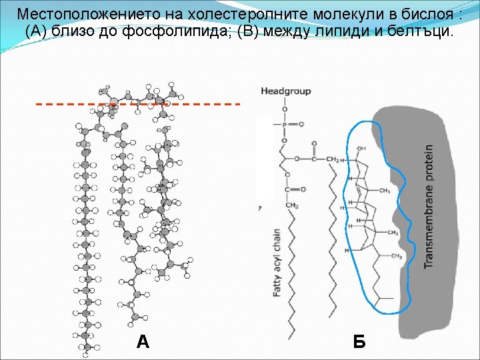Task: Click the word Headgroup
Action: [x=285, y=91]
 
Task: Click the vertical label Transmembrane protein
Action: [x=429, y=207]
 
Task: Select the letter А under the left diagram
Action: [x=143, y=342]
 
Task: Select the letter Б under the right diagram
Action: [x=359, y=342]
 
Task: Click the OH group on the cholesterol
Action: [x=361, y=148]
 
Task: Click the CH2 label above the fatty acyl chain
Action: [x=292, y=206]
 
